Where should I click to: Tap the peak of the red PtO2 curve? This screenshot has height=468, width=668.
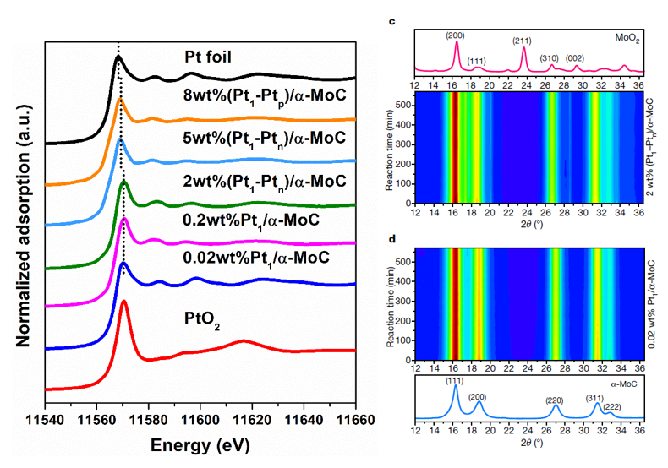pyautogui.click(x=124, y=301)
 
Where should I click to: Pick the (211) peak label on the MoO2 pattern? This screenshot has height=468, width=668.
pyautogui.click(x=523, y=40)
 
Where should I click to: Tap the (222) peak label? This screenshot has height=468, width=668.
pyautogui.click(x=612, y=406)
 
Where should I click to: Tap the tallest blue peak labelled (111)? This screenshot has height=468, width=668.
pyautogui.click(x=456, y=388)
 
